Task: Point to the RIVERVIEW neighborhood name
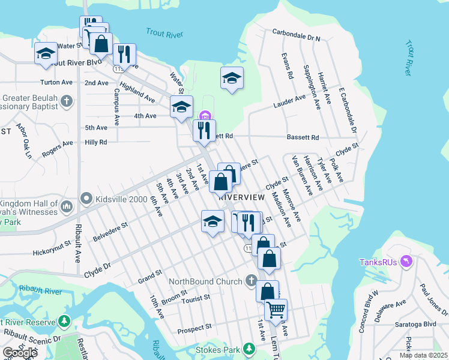241,197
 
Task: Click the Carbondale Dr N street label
297,35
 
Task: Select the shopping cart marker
276,310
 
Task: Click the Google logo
19,353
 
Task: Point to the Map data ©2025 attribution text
423,355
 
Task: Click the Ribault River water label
30,290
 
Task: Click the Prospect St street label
195,329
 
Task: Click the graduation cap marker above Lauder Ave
232,78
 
